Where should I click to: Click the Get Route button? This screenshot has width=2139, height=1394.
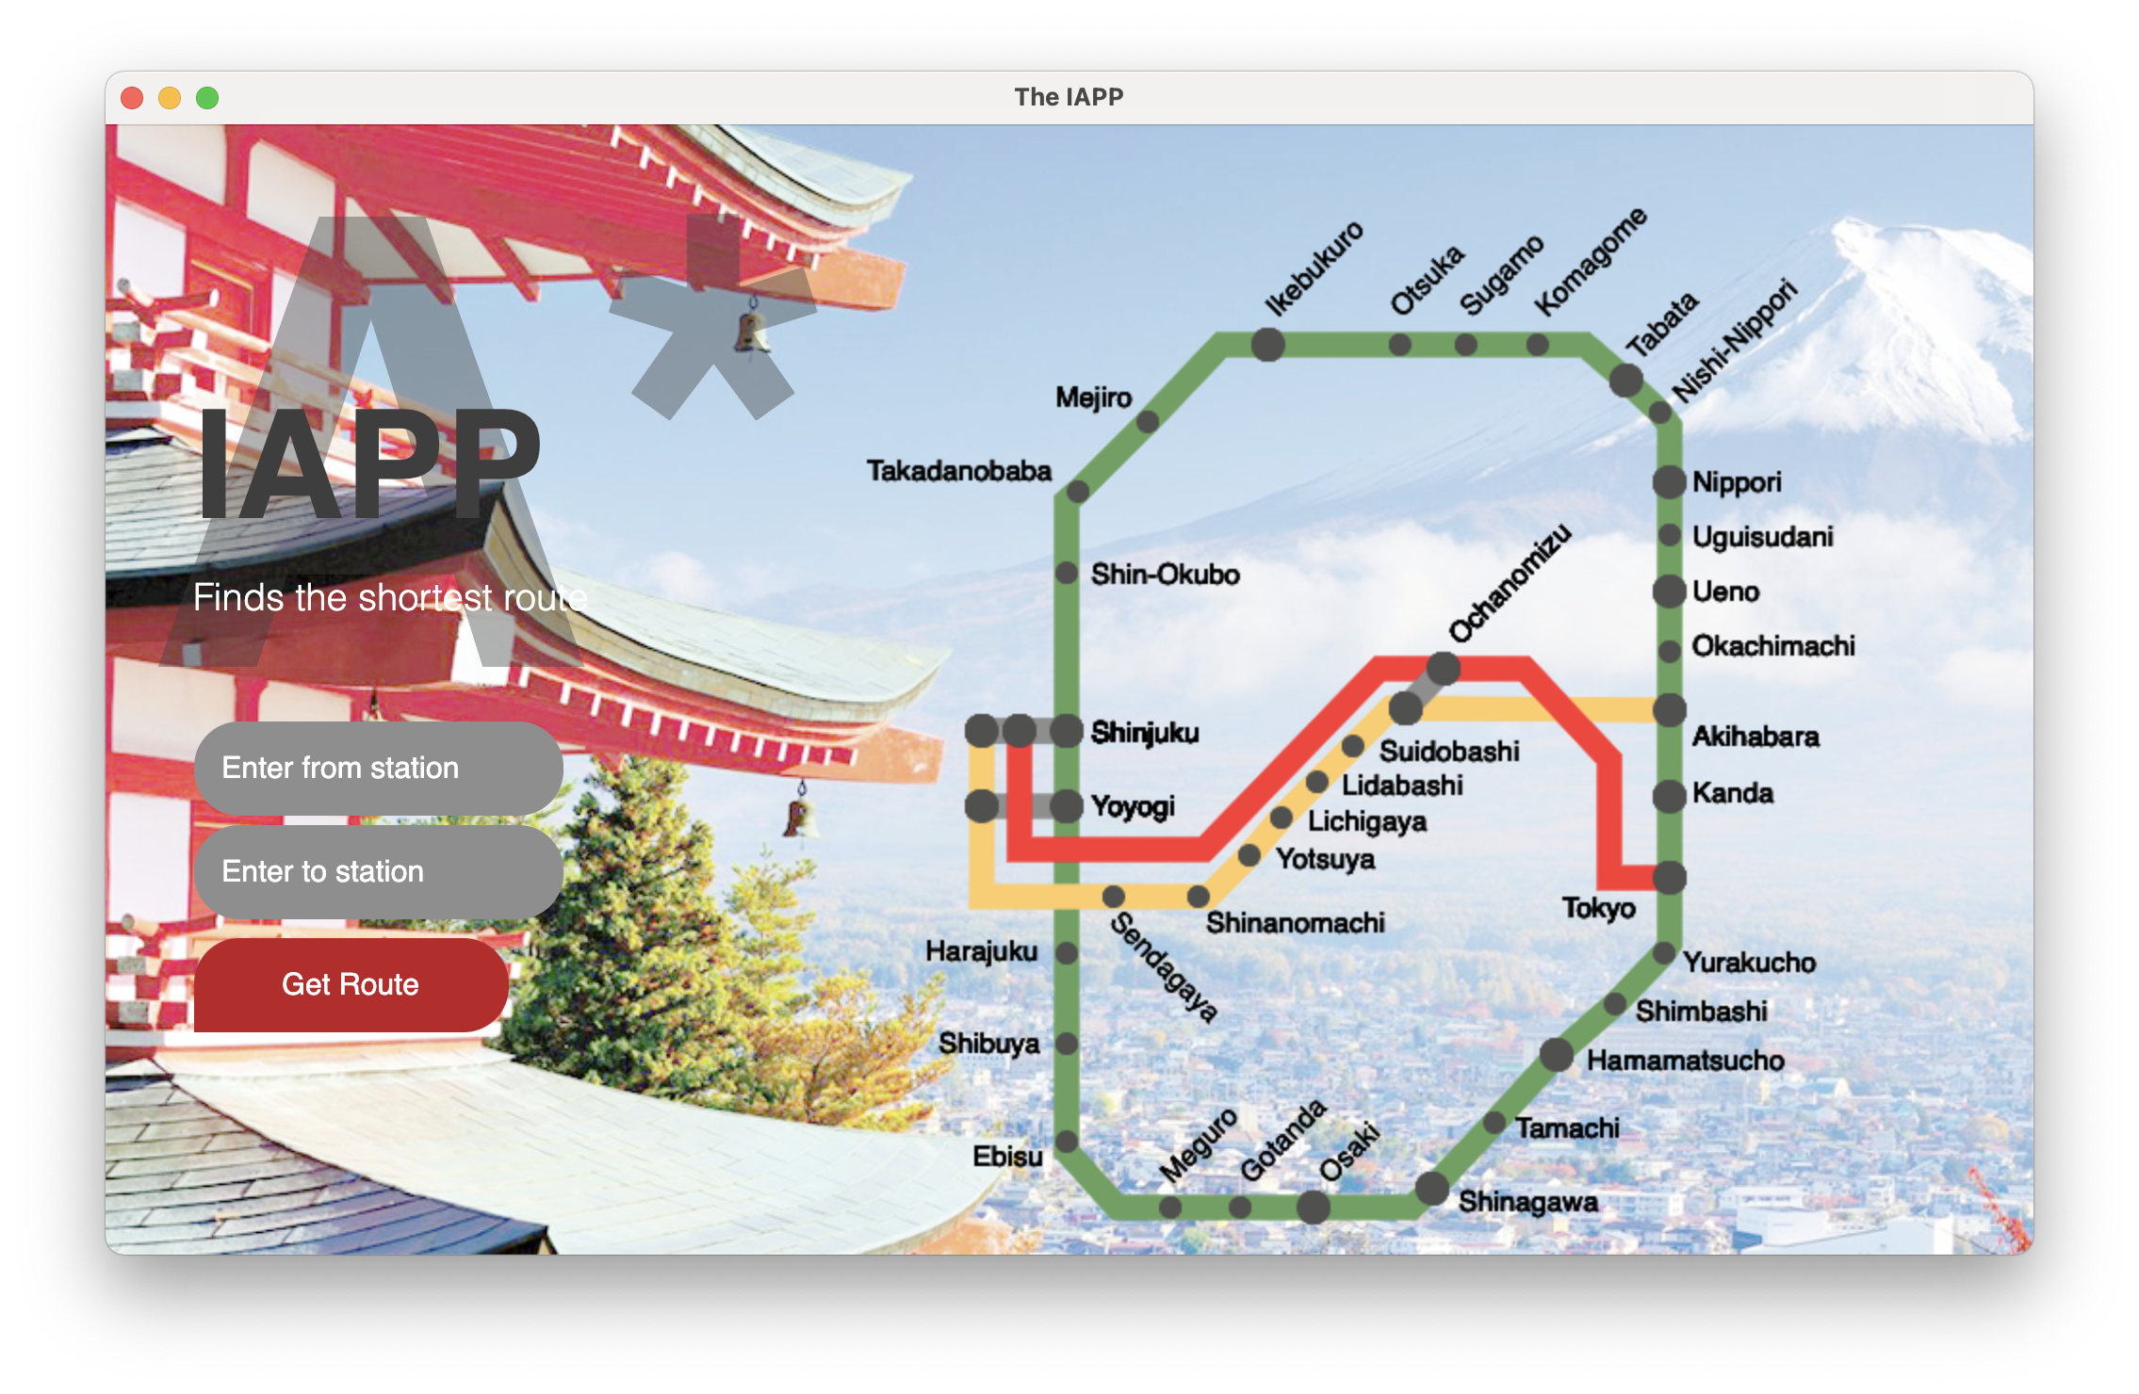click(x=351, y=984)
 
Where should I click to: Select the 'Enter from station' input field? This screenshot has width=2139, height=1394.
click(x=378, y=768)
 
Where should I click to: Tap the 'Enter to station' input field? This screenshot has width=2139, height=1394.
click(x=378, y=871)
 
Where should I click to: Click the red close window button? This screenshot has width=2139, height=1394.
click(x=132, y=98)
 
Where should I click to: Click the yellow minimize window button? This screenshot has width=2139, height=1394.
click(x=170, y=98)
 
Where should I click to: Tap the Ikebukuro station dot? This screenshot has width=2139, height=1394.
click(x=1267, y=345)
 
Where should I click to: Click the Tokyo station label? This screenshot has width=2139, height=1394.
click(x=1599, y=908)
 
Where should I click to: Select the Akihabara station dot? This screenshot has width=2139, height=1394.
click(x=1669, y=710)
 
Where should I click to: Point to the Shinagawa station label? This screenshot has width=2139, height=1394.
click(x=1528, y=1202)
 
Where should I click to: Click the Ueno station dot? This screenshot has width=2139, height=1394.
click(x=1669, y=592)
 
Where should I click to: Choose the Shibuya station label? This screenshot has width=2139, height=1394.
click(x=989, y=1044)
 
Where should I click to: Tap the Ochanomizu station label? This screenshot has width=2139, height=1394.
click(x=1510, y=583)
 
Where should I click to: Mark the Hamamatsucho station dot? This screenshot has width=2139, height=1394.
click(x=1557, y=1055)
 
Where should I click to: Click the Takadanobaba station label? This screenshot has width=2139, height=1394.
click(x=959, y=471)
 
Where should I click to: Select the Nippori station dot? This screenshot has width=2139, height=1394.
click(x=1669, y=482)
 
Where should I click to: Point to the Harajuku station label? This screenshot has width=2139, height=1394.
click(x=982, y=951)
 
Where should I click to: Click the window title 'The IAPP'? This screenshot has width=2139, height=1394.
click(x=1069, y=97)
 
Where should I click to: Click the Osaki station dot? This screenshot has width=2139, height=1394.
click(x=1314, y=1207)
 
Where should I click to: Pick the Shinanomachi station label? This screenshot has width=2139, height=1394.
click(x=1296, y=923)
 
